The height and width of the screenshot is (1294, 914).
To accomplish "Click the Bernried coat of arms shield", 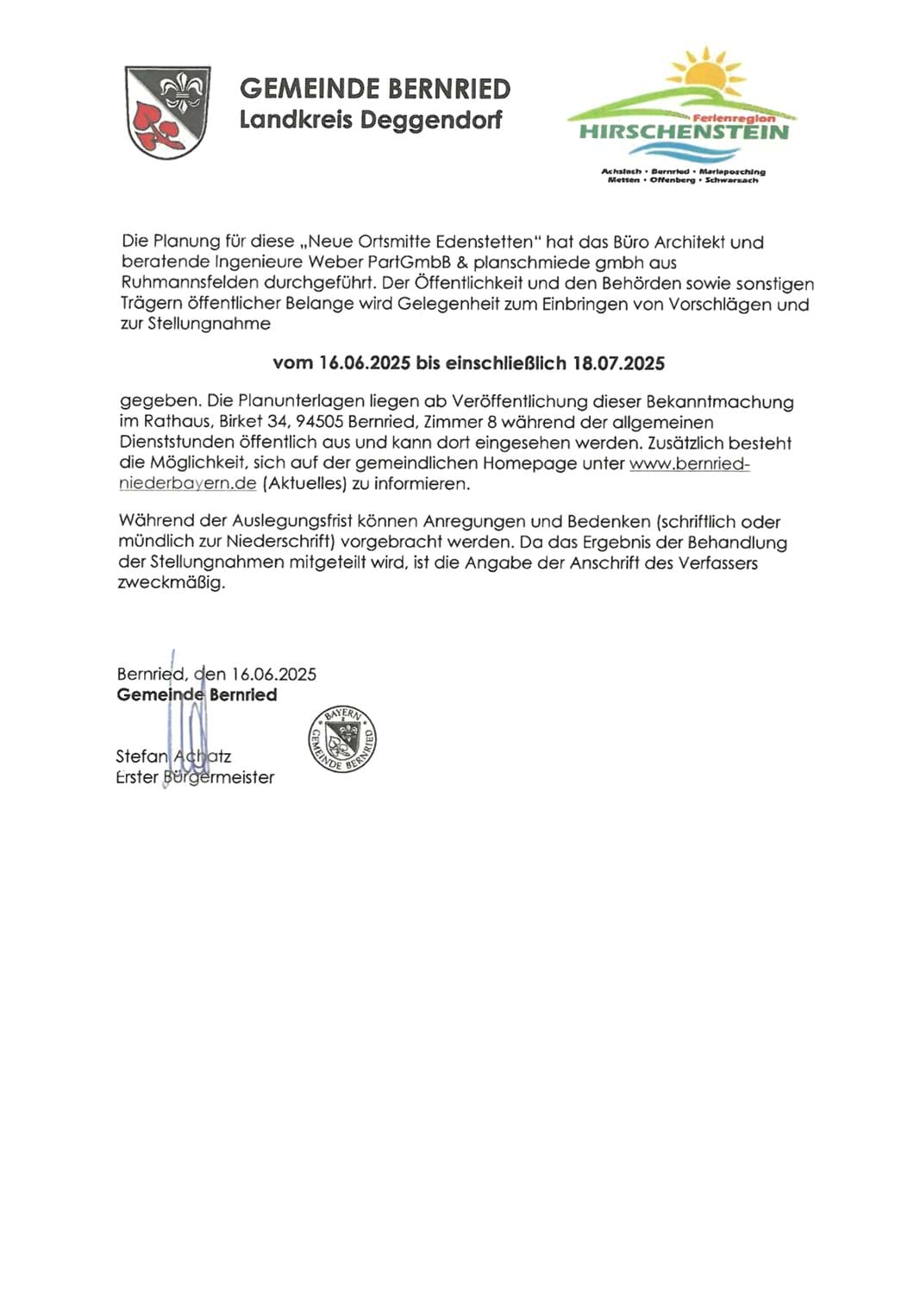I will (167, 111).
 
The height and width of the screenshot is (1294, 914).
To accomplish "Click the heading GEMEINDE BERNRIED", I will (374, 89).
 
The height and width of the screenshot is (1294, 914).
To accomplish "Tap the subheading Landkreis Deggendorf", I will (370, 119).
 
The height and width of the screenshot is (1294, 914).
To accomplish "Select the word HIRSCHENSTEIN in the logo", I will (684, 132).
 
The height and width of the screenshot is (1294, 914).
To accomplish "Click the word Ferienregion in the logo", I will (734, 118).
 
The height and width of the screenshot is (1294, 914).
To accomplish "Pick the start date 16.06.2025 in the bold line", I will (364, 363).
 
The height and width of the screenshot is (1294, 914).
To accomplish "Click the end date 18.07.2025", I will (619, 363).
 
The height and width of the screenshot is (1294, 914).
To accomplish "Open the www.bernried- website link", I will (689, 463).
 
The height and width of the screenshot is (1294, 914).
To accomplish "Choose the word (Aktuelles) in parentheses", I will (304, 484).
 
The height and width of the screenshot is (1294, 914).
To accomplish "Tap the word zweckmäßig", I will (171, 582).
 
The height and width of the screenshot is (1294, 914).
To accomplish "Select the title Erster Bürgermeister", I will (195, 777).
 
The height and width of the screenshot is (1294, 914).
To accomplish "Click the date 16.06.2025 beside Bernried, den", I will (273, 675).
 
